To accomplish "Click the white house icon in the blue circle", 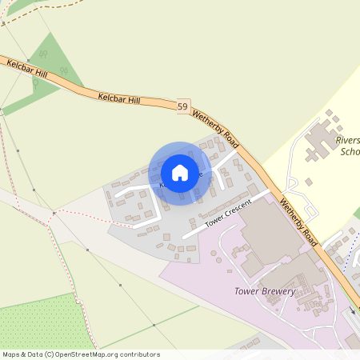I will [x=180, y=172].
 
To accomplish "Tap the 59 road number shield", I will [x=183, y=106].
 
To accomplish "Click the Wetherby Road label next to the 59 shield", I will [x=215, y=126].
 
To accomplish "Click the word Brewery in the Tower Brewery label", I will [x=277, y=291].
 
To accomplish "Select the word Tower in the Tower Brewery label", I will [x=245, y=291].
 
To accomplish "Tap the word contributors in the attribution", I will [x=139, y=354].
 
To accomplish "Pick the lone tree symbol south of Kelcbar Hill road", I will [x=62, y=70].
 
